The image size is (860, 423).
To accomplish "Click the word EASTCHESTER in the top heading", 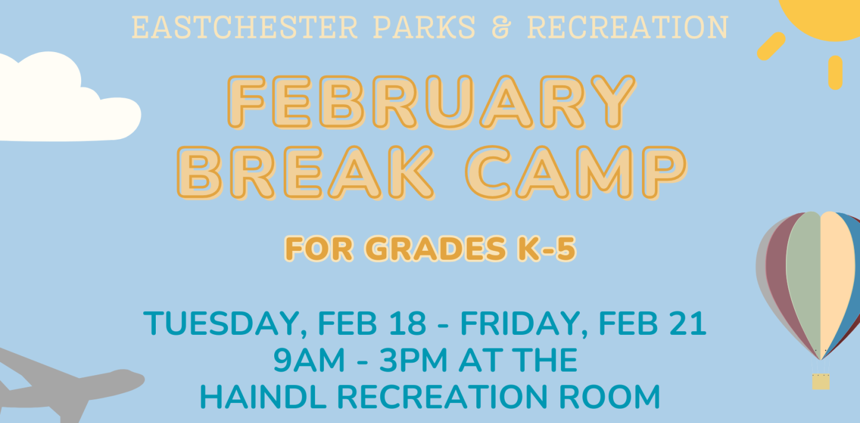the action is click(x=245, y=27).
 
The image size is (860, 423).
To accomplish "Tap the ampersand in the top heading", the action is click(x=502, y=27).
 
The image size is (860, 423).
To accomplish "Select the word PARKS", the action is click(x=424, y=27).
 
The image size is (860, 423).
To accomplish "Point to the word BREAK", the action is click(x=306, y=173).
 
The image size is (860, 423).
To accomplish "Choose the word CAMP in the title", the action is click(x=576, y=173).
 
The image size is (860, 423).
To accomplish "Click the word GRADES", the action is click(x=435, y=248).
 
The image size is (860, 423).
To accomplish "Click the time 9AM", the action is click(x=309, y=360).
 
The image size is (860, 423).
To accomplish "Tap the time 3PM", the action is click(x=413, y=360).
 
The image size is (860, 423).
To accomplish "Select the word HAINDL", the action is click(x=263, y=397).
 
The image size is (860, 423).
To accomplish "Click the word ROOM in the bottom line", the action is click(x=609, y=397).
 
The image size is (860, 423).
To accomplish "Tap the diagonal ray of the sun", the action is click(x=771, y=46).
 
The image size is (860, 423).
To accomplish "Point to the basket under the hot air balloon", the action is click(x=821, y=382).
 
